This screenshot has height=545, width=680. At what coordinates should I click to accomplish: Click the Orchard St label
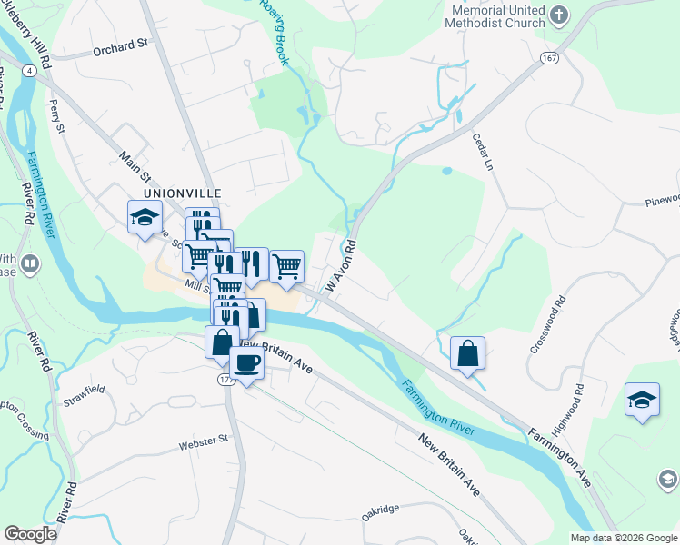[x=120, y=45]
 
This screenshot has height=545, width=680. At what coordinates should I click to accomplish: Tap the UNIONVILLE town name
[x=182, y=193]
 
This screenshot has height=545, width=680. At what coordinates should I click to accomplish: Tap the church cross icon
[x=560, y=15]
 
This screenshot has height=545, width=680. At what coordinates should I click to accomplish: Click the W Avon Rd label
[x=339, y=267]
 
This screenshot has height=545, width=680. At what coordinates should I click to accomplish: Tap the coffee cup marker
[x=246, y=364]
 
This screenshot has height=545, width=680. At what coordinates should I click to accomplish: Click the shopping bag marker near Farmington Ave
[x=467, y=352]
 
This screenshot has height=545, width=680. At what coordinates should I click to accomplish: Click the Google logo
[x=30, y=534]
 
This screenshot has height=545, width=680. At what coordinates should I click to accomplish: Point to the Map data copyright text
[x=624, y=538]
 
